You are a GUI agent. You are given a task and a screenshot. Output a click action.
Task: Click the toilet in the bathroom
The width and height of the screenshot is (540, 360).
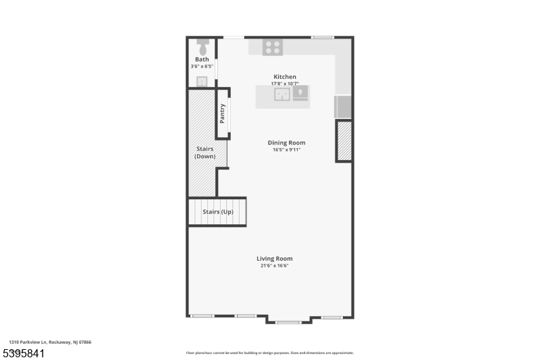pyautogui.click(x=202, y=47)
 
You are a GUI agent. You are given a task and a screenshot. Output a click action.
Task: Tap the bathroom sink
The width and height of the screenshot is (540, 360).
pyautogui.click(x=202, y=82)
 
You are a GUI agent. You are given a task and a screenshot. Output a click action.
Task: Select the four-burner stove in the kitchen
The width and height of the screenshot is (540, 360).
pyautogui.click(x=273, y=47)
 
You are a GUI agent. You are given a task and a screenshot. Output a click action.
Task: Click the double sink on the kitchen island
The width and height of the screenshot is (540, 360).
pyautogui.click(x=282, y=94)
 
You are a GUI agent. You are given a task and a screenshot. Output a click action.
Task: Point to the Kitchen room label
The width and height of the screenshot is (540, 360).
pyautogui.click(x=284, y=77)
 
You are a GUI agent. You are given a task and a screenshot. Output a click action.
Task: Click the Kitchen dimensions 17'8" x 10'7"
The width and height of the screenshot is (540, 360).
pyautogui.click(x=284, y=84)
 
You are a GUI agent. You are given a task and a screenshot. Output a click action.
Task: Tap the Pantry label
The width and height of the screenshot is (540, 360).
pyautogui.click(x=222, y=113)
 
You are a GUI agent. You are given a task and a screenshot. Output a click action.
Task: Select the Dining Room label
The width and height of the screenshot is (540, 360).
pyautogui.click(x=286, y=143)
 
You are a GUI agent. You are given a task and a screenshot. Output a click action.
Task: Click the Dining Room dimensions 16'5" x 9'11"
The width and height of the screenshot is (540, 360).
pyautogui.click(x=286, y=149)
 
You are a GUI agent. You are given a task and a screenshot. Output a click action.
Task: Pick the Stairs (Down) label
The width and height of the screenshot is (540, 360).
pyautogui.click(x=205, y=152)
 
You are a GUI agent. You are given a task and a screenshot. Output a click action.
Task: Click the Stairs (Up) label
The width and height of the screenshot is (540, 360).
pyautogui.click(x=218, y=212)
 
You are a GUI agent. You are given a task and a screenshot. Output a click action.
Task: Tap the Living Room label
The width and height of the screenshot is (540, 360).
pyautogui.click(x=274, y=259)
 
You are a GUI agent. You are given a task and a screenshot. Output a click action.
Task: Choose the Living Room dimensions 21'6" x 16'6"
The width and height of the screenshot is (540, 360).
pyautogui.click(x=274, y=265)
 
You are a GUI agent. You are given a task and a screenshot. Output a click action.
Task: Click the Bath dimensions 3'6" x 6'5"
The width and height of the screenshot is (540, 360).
pyautogui.click(x=202, y=66)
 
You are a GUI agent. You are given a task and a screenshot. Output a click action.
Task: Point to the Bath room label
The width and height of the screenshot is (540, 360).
pyautogui.click(x=202, y=59)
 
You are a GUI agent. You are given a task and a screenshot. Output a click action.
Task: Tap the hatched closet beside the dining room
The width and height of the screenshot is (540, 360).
pyautogui.click(x=344, y=141)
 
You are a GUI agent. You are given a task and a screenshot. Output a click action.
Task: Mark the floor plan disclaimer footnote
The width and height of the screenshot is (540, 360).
pyautogui.click(x=269, y=353)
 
